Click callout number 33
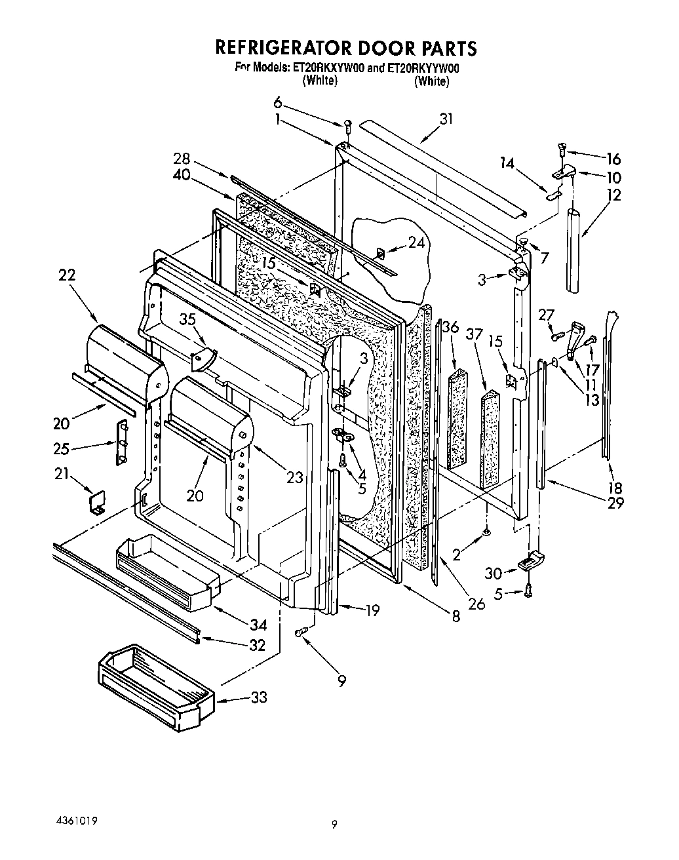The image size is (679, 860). tap(259, 697)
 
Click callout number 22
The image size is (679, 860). tap(66, 275)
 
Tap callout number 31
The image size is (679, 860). tap(446, 119)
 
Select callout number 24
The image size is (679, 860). tap(416, 243)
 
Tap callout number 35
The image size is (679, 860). tap(188, 320)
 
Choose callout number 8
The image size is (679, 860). tap(456, 616)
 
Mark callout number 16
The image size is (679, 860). tap(613, 159)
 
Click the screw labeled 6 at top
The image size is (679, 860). tap(349, 124)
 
